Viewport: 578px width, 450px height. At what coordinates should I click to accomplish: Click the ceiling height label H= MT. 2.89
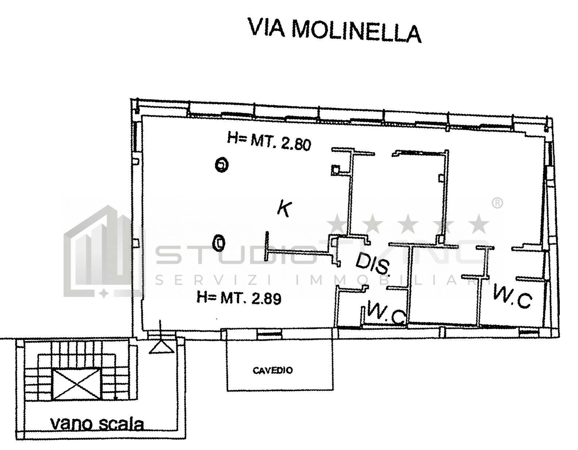pyautogui.click(x=238, y=298)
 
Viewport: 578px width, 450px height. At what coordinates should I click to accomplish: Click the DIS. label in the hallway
pyautogui.click(x=373, y=264)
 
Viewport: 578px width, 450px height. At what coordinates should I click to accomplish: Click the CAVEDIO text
pyautogui.click(x=273, y=371)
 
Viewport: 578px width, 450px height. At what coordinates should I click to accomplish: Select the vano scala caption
pyautogui.click(x=97, y=424)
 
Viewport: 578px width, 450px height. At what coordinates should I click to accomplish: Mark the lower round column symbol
pyautogui.click(x=219, y=243)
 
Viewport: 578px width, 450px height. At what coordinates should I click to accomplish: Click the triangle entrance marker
pyautogui.click(x=161, y=347)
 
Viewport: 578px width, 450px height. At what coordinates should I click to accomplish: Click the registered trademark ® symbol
pyautogui.click(x=497, y=204)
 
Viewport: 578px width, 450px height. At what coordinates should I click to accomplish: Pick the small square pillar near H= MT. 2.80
pyautogui.click(x=335, y=169)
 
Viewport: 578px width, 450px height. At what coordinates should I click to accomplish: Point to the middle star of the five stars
pyautogui.click(x=408, y=225)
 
